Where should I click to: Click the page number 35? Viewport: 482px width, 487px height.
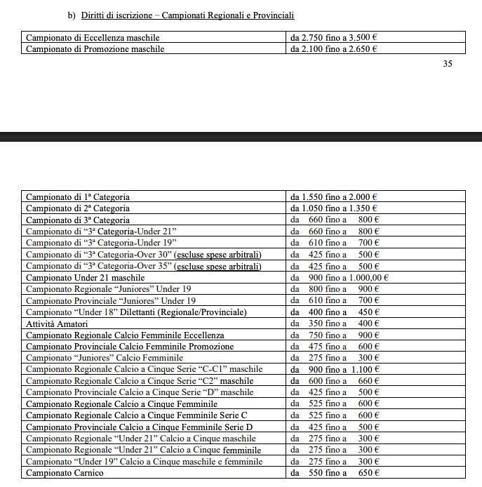(x=448, y=64)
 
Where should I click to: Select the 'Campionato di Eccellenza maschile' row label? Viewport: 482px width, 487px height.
(x=93, y=37)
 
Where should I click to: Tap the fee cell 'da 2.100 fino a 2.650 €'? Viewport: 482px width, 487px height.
(x=334, y=49)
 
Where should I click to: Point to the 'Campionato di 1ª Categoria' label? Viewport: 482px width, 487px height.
(x=78, y=197)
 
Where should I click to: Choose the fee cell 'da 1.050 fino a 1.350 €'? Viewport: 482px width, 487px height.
(x=334, y=208)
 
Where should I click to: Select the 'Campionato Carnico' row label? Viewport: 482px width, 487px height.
(x=65, y=473)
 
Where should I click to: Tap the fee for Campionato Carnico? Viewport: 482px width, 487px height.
(x=335, y=473)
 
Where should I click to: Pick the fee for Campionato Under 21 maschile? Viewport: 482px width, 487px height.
(x=340, y=278)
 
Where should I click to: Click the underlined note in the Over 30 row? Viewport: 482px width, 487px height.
(x=217, y=255)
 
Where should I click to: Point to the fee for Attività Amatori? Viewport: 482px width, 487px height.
(x=335, y=323)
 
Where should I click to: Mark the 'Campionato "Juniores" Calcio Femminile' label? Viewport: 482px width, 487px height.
(x=105, y=358)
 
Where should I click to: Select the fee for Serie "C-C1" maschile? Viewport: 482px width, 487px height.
(x=335, y=369)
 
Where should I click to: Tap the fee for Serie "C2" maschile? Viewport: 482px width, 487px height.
(x=335, y=381)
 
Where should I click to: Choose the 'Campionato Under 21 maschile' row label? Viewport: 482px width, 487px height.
(x=86, y=278)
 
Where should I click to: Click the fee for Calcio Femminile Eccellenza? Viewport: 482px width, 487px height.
(x=335, y=335)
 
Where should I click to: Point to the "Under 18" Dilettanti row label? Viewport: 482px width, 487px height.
(x=136, y=312)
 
